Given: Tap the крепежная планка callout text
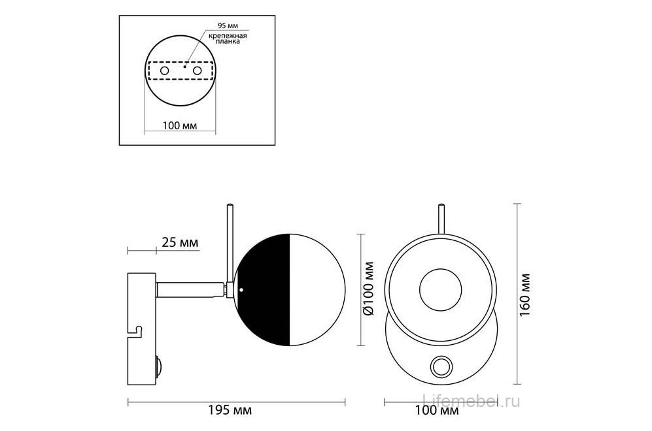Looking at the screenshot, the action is point(228,39).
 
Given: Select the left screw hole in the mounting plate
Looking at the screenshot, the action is point(165,71).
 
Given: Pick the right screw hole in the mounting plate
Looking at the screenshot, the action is point(197,71).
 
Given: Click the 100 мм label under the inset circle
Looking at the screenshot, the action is point(180,125).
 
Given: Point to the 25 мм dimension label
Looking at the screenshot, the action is point(180,242).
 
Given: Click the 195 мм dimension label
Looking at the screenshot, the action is point(230,411).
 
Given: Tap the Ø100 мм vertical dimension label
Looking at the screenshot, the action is point(368,289).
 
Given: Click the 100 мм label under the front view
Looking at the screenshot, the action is point(437,411).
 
